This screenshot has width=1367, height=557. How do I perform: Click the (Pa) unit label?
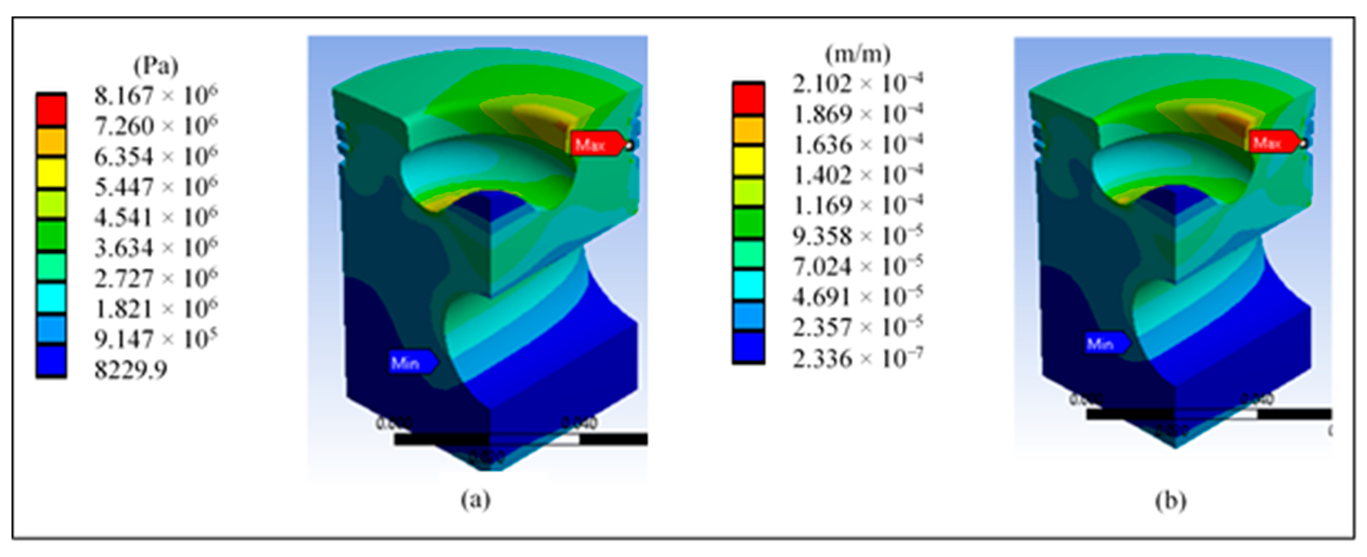[x=156, y=66]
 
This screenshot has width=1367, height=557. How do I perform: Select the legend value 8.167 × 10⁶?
[x=156, y=96]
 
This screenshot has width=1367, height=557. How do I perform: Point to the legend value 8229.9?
[x=131, y=370]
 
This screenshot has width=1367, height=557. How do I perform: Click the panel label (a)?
[x=476, y=500]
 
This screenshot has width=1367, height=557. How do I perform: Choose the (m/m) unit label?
[x=857, y=54]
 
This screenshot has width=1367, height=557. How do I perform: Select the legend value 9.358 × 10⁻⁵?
[x=857, y=236]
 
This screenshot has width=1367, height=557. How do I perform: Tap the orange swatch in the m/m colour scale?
[x=748, y=130]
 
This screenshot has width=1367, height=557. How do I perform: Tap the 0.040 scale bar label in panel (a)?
[x=580, y=423]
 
